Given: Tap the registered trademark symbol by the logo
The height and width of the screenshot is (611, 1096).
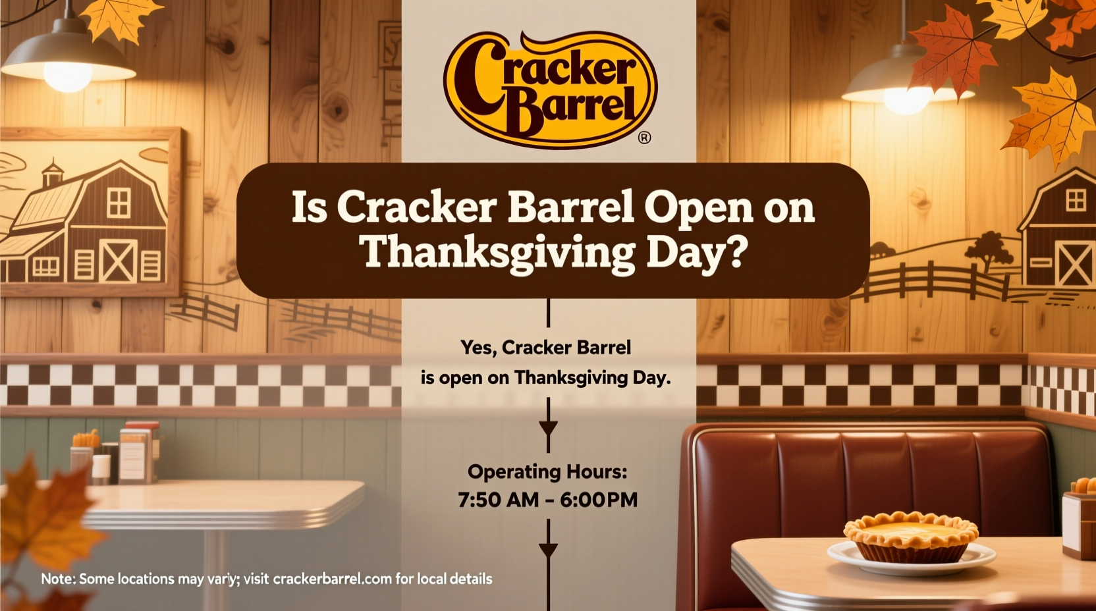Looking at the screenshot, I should click(x=644, y=137).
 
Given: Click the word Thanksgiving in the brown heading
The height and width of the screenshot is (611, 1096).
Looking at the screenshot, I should click(x=498, y=252).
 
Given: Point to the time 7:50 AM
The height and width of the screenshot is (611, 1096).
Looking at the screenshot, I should click(x=498, y=500).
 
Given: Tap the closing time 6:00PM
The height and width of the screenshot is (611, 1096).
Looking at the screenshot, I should click(x=599, y=500).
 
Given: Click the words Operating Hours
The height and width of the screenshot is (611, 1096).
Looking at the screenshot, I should click(x=547, y=471).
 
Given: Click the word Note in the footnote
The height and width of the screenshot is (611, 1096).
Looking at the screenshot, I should click(x=57, y=579).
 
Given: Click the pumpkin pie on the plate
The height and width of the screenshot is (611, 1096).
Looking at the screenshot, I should click(x=911, y=537).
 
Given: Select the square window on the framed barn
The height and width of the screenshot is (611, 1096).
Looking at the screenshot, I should click(x=119, y=202).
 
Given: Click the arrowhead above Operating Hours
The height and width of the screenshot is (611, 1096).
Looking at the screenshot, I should click(x=548, y=428).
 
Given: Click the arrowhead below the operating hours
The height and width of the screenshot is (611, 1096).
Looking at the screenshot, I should click(x=548, y=549).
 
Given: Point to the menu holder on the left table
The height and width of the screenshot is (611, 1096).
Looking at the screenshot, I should click(x=135, y=454).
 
